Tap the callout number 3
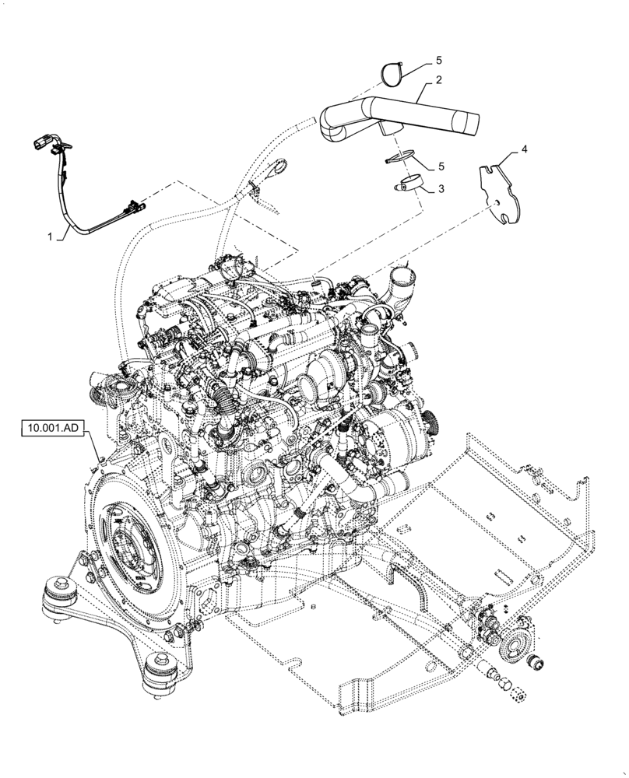(441, 189)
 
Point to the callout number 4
(523, 148)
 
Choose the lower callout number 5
(441, 166)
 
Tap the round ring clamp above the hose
(393, 74)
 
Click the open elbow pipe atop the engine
(401, 278)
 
